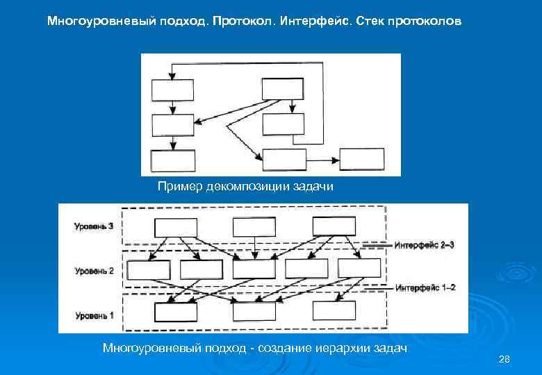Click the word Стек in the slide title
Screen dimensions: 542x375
click(x=368, y=22)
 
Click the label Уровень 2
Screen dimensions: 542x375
click(x=94, y=271)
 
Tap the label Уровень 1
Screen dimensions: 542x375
click(x=94, y=316)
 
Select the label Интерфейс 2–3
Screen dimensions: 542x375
click(x=425, y=244)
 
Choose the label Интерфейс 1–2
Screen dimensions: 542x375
click(x=425, y=287)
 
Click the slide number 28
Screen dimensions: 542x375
click(x=504, y=358)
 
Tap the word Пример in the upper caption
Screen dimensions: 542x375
click(x=176, y=186)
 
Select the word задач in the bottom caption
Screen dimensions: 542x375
click(x=389, y=347)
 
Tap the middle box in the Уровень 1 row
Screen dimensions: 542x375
click(x=254, y=312)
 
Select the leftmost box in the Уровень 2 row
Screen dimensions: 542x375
click(x=149, y=269)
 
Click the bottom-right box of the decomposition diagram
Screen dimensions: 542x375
click(x=361, y=159)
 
